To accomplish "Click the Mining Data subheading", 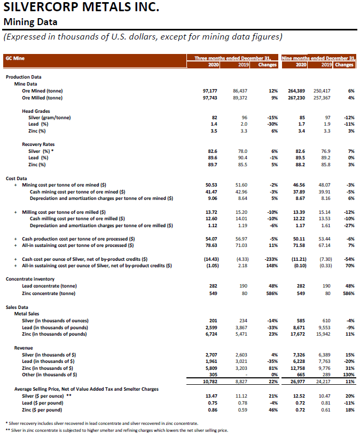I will (30, 22).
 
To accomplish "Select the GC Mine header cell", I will (15, 58).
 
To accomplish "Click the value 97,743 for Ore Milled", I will (210, 98).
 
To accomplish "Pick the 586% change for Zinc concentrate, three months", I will (270, 293).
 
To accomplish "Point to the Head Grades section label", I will (36, 111).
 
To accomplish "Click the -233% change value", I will (270, 259).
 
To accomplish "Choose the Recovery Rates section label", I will (38, 144).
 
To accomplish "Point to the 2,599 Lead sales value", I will (209, 327).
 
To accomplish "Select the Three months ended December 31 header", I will (232, 57).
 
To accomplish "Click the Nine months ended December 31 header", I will (318, 57).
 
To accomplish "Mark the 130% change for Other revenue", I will (348, 375).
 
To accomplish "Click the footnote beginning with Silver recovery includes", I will (101, 423).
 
